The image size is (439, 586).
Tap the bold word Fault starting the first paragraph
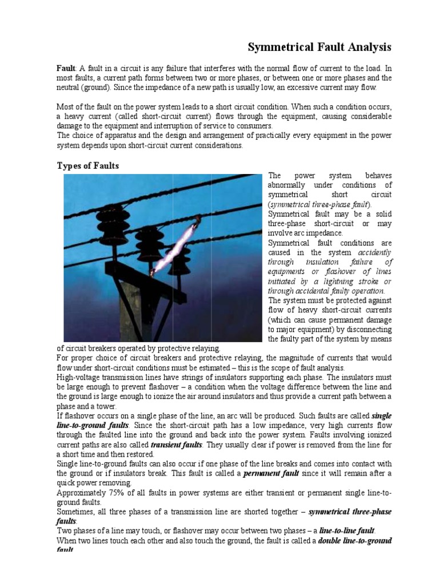(66, 67)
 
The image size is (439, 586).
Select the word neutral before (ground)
(69, 87)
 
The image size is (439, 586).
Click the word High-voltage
(79, 378)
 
